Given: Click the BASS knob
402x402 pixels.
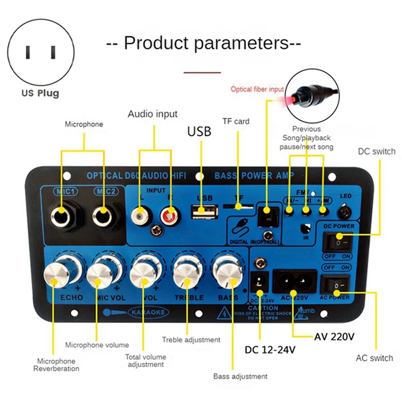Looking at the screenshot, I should (x=226, y=272).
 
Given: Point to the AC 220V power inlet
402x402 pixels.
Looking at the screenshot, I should (x=294, y=283).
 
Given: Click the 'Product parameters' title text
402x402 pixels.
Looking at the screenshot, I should (x=204, y=42).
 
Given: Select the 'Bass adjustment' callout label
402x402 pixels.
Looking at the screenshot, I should (x=240, y=376).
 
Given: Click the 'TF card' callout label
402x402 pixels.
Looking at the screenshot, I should (x=236, y=121).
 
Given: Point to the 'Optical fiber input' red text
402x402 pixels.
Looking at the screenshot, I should (x=257, y=89).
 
